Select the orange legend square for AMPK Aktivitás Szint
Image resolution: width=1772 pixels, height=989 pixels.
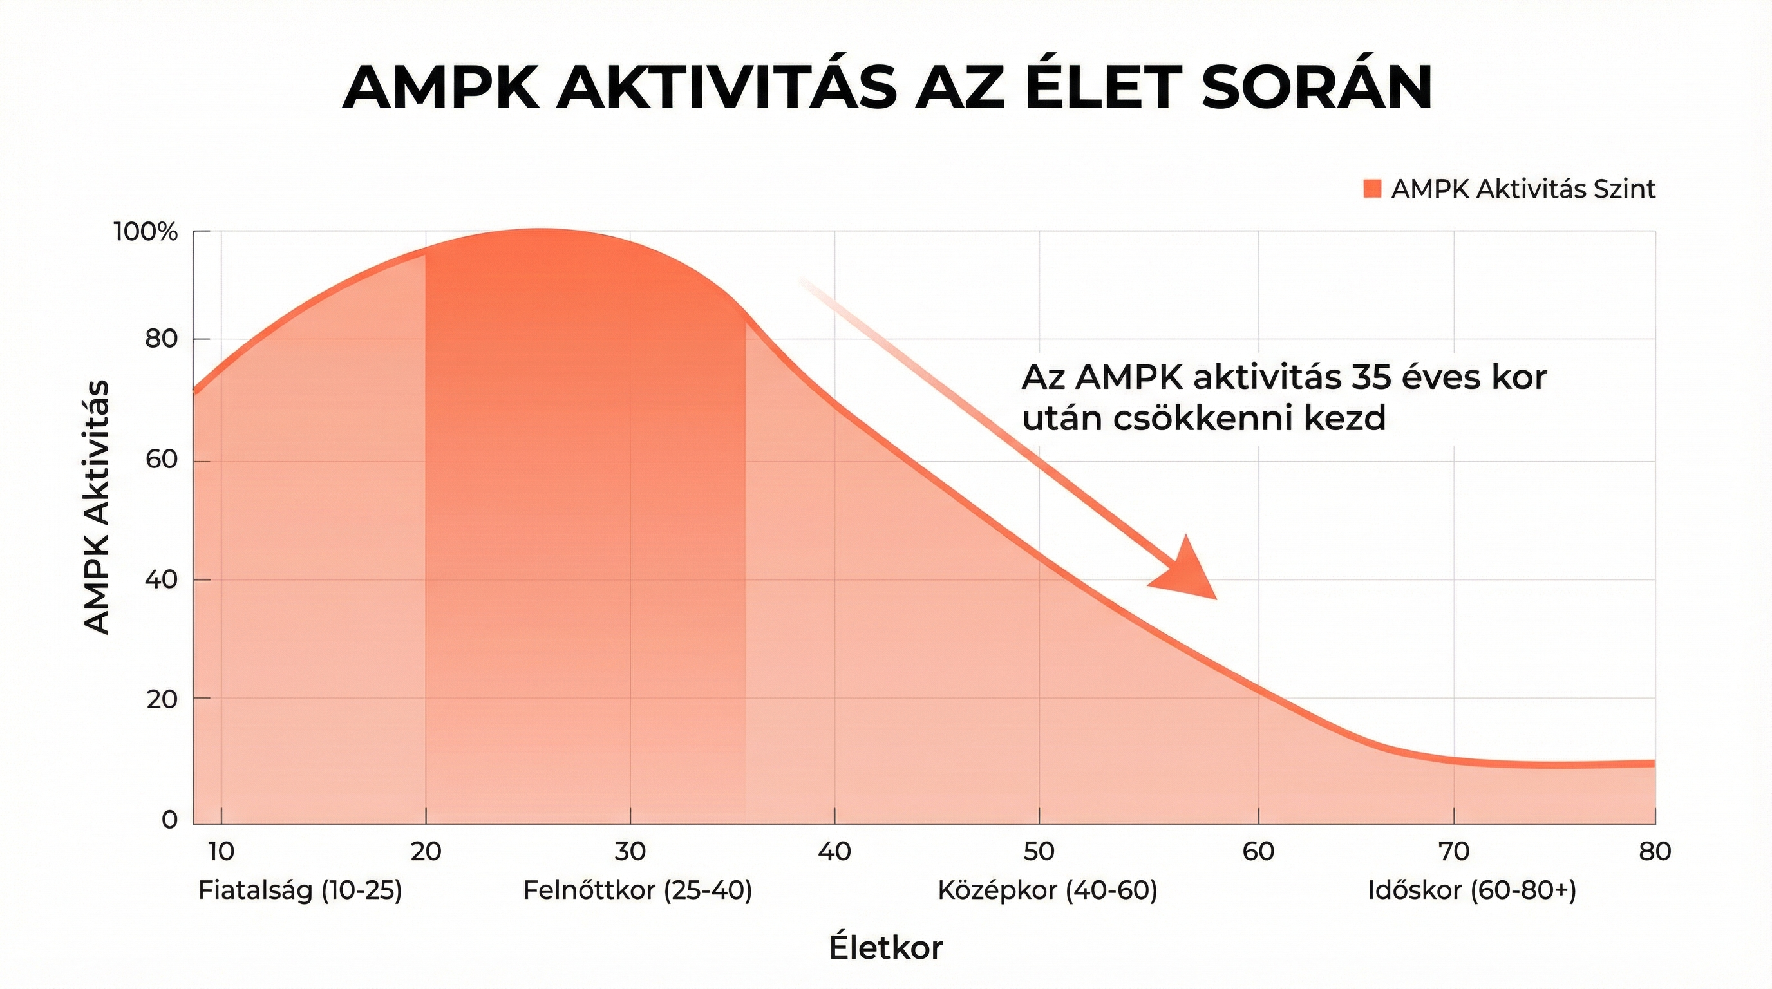click(x=1372, y=189)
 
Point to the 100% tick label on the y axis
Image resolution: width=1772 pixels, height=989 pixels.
click(x=146, y=232)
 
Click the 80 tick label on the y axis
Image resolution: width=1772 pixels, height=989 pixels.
click(x=161, y=339)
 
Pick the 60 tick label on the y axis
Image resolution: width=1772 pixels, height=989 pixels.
click(x=161, y=461)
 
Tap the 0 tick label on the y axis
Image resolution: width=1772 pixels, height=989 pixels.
click(x=169, y=820)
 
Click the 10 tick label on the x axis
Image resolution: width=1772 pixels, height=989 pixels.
click(x=221, y=852)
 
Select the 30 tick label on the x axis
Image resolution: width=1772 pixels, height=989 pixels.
click(x=630, y=852)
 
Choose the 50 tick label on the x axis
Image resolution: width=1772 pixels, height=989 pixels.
click(x=1039, y=852)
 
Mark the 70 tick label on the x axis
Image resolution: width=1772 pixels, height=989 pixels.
click(x=1454, y=852)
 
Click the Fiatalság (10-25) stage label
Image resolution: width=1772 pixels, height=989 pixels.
click(x=300, y=891)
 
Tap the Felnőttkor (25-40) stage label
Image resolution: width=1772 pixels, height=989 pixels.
click(x=637, y=891)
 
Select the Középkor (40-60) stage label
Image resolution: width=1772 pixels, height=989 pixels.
click(x=1048, y=891)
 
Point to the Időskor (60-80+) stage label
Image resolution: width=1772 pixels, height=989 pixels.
click(x=1472, y=891)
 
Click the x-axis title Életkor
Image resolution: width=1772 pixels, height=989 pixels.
click(x=885, y=948)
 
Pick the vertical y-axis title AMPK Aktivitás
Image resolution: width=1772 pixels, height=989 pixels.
click(x=97, y=507)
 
